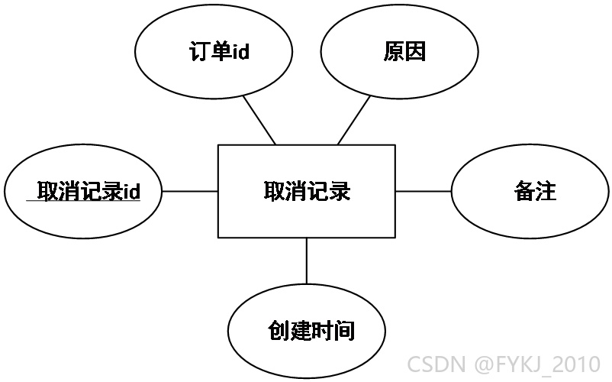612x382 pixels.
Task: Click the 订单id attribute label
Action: click(219, 51)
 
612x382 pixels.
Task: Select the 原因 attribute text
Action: click(404, 51)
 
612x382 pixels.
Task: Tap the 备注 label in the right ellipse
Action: click(535, 191)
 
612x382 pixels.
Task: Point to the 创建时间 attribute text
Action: click(311, 331)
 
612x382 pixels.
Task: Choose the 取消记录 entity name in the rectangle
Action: click(308, 191)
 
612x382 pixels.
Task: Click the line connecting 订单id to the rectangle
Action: click(259, 120)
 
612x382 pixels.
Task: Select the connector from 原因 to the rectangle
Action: click(353, 120)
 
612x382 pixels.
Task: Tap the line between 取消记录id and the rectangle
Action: click(190, 192)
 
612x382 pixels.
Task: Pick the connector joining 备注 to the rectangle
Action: click(424, 192)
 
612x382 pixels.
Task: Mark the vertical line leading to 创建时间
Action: click(307, 261)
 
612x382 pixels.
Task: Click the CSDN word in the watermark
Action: click(436, 364)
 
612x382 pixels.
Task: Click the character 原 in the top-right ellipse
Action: click(394, 51)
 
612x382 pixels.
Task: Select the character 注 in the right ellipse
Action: click(546, 191)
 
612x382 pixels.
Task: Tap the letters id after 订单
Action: click(241, 51)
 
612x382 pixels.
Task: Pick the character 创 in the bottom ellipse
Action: click(279, 331)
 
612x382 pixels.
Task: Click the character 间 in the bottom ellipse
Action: click(344, 331)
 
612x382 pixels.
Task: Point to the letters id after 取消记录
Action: click(131, 192)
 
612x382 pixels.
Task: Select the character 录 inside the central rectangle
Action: click(340, 191)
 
